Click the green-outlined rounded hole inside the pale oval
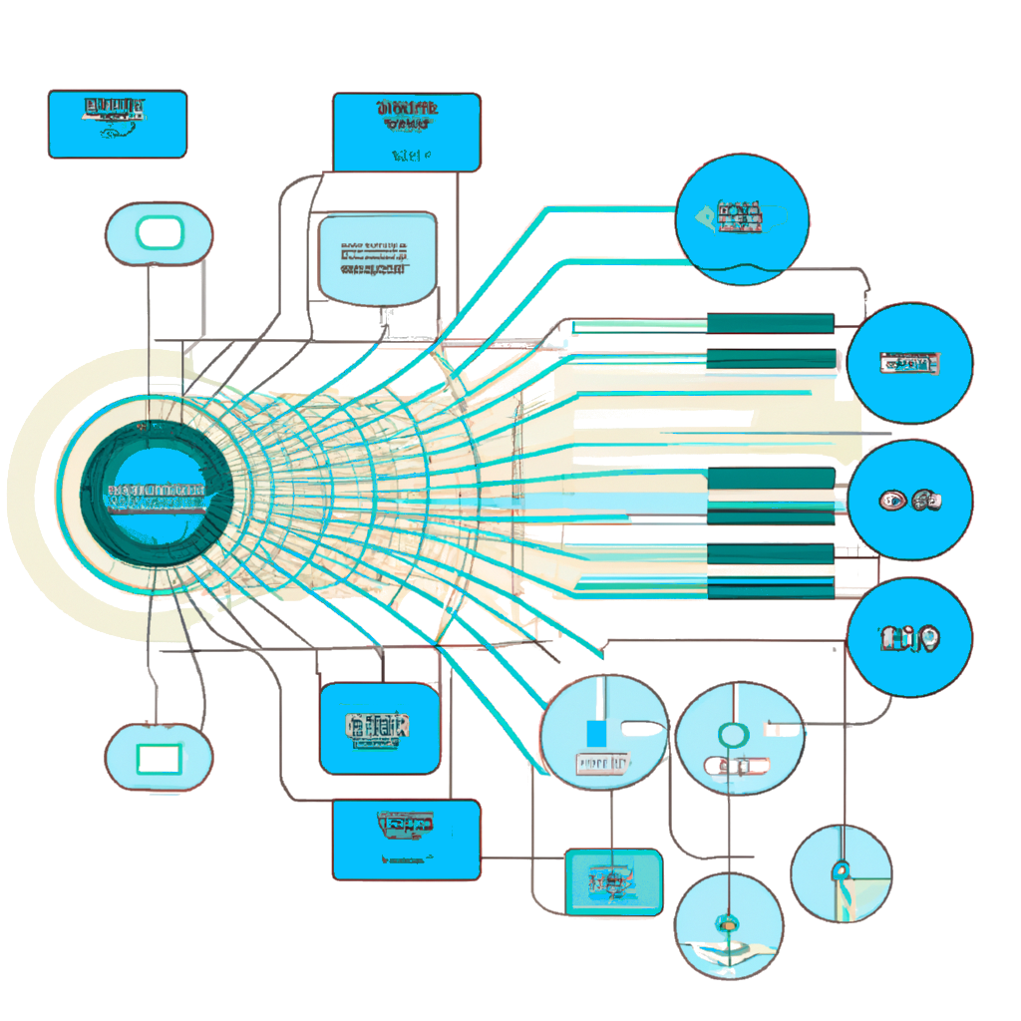click(x=159, y=234)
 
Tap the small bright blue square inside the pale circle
click(x=597, y=735)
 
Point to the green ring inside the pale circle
click(x=732, y=736)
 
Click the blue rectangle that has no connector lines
click(x=117, y=124)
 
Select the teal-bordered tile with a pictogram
click(x=613, y=882)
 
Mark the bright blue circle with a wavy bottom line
click(x=741, y=219)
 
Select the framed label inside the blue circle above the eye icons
click(x=910, y=364)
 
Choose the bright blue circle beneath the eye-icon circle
click(x=909, y=637)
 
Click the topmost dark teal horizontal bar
click(x=770, y=322)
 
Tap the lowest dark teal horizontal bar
click(x=770, y=590)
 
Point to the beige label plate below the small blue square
click(x=603, y=763)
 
